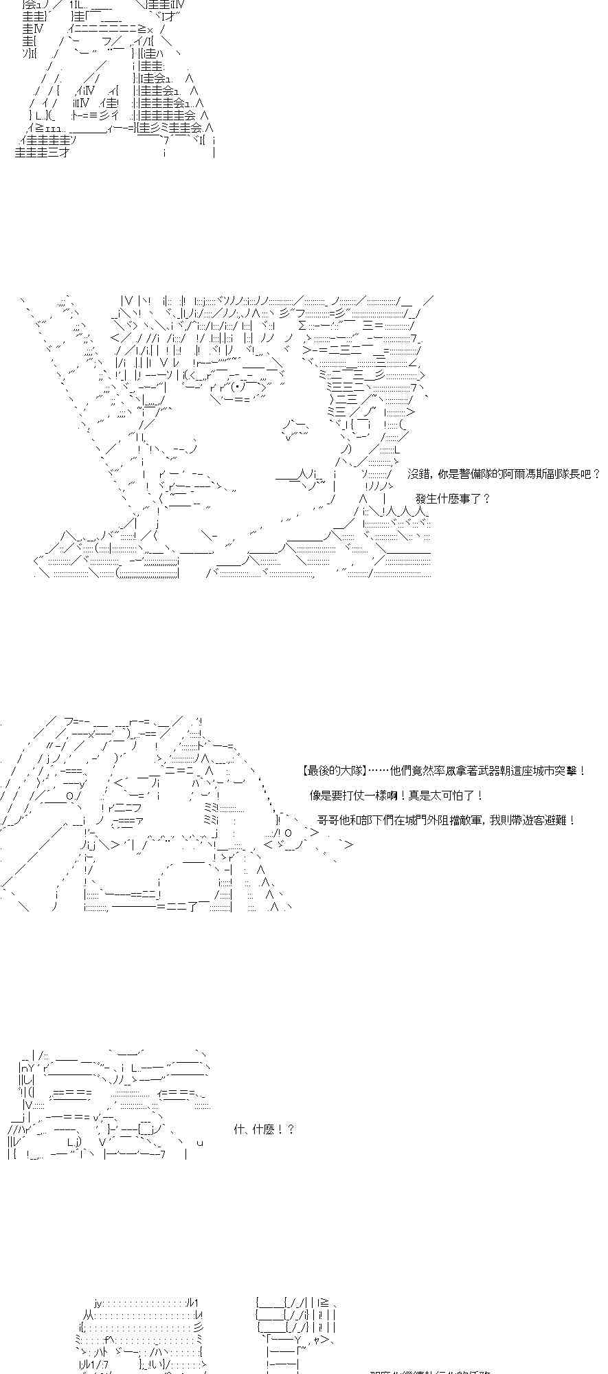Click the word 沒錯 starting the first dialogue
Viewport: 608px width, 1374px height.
(419, 474)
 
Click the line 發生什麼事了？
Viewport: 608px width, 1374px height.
(453, 499)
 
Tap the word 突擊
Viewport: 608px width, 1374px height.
(570, 771)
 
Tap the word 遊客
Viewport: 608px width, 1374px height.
(532, 820)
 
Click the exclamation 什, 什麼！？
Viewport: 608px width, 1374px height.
(264, 1129)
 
